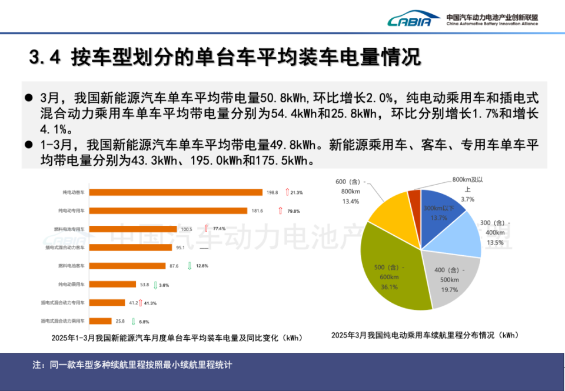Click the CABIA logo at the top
413,21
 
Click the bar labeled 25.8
101,321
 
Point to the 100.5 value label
187,229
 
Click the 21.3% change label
296,192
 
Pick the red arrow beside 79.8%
280,210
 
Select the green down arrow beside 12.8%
190,266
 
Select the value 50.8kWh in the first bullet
285,98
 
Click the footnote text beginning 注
133,365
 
